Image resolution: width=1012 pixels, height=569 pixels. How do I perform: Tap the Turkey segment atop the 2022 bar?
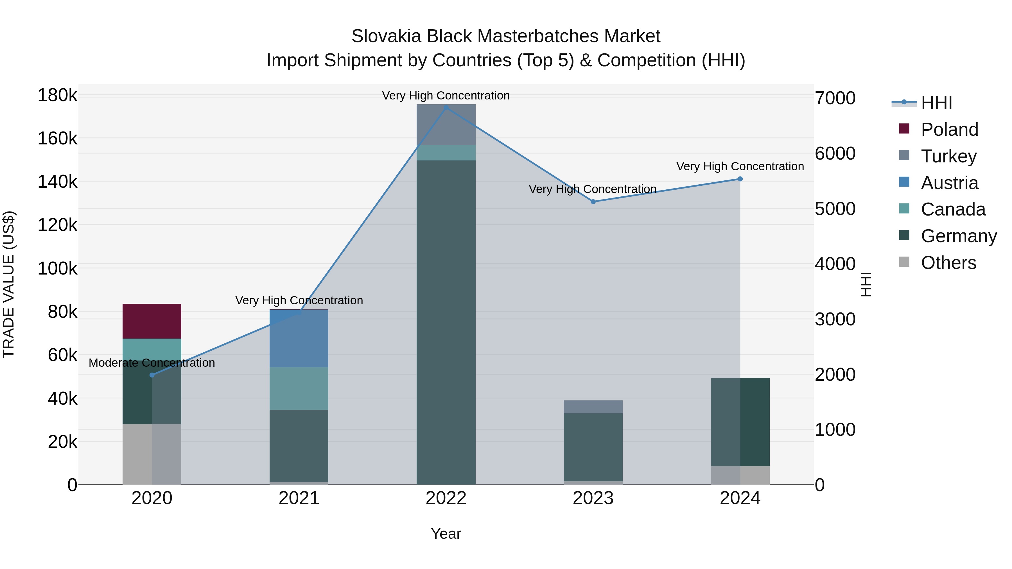[446, 124]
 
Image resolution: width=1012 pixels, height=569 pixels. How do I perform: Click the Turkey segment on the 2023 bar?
[593, 407]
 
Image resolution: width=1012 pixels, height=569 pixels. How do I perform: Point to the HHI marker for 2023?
[593, 201]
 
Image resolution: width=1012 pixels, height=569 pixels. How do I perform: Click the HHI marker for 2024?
[740, 179]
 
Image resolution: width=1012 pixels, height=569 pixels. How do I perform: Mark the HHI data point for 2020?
[152, 375]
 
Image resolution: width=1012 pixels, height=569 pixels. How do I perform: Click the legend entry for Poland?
[949, 130]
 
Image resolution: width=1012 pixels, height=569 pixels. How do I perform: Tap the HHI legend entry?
[936, 103]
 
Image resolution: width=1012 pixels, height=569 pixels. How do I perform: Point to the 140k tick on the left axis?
[57, 182]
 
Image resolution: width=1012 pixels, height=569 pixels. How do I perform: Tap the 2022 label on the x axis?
[446, 498]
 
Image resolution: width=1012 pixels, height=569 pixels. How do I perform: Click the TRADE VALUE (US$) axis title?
[9, 284]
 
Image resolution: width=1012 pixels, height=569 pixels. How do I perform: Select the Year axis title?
[446, 534]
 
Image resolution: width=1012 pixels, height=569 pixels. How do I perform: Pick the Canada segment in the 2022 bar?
[446, 153]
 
